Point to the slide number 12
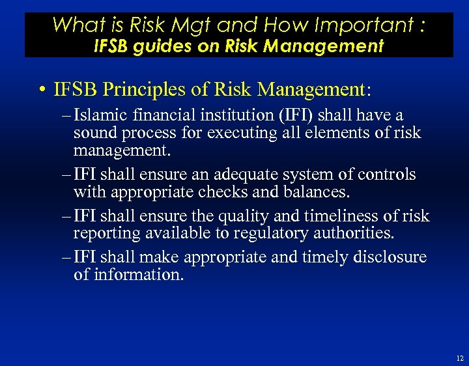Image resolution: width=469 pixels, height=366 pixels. point(460,358)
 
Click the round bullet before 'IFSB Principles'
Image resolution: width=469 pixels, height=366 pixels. point(41,89)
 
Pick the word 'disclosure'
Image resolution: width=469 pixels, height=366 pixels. point(390,257)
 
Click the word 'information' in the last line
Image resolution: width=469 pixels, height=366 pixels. point(137,275)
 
